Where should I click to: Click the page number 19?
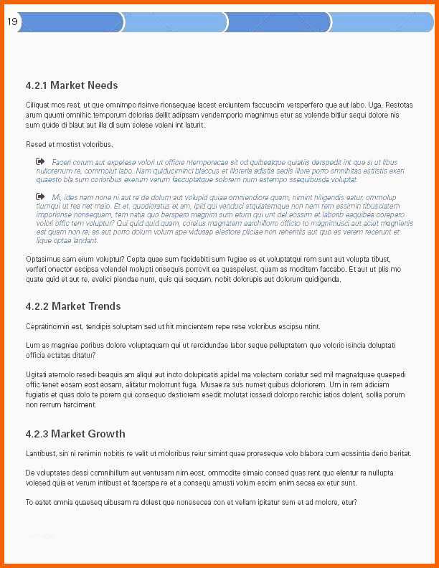(12, 22)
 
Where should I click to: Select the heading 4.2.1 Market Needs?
(71, 85)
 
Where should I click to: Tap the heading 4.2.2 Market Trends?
(72, 306)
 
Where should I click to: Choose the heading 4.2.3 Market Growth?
(75, 434)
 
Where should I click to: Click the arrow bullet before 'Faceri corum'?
(40, 162)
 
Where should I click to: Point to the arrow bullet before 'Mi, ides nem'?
(40, 196)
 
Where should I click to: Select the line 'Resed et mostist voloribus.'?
(69, 145)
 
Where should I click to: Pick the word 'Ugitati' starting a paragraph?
(37, 374)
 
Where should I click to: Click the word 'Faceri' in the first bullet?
(62, 163)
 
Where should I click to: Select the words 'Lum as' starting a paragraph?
(36, 346)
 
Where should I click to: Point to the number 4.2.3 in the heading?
(36, 434)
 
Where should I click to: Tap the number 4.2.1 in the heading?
(36, 85)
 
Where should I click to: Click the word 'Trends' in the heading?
(105, 306)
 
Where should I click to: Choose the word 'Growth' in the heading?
(107, 434)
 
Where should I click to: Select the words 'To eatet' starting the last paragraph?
(39, 502)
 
